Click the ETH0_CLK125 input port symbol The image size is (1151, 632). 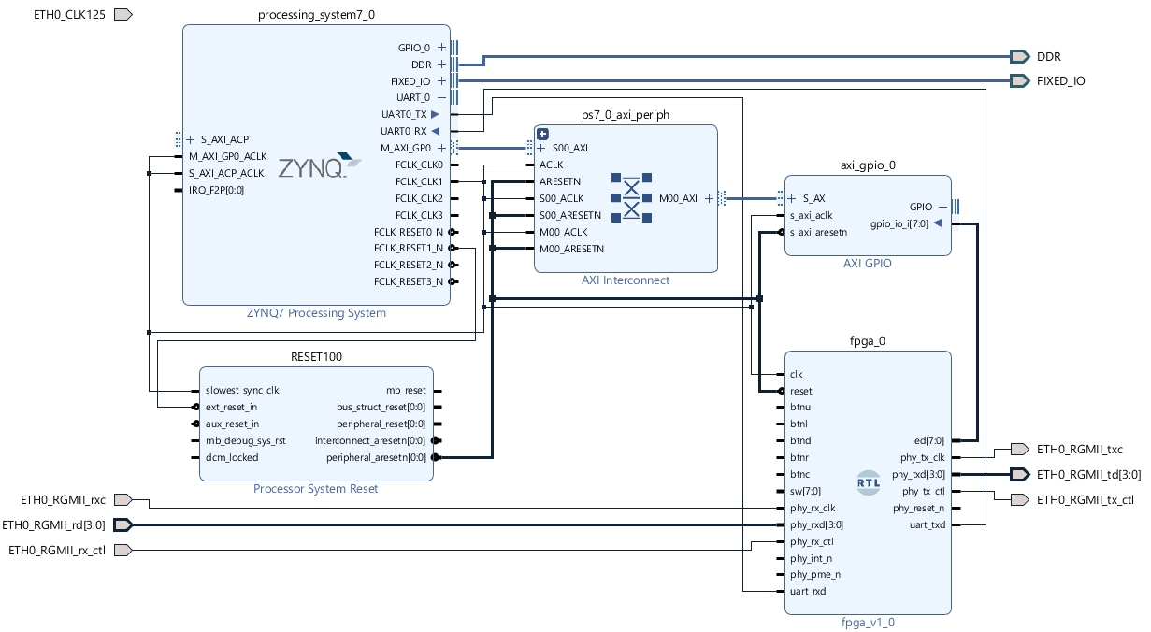[x=123, y=15]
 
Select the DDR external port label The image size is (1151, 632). [x=1048, y=57]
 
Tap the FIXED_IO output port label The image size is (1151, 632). [x=1060, y=81]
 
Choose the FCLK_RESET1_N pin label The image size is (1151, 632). [x=409, y=249]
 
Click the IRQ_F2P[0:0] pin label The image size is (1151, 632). [x=216, y=191]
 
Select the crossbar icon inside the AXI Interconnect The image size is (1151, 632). [x=631, y=197]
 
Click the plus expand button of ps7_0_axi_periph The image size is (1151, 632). [x=542, y=134]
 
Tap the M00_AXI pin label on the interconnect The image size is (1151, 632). [x=678, y=198]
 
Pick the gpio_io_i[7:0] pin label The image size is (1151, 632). [x=899, y=223]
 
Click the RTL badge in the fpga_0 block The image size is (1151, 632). [x=868, y=482]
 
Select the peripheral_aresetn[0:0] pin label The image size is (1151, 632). [x=376, y=458]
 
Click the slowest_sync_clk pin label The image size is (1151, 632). [x=242, y=391]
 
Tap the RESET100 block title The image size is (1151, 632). [x=316, y=357]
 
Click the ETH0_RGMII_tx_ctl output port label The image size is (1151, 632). [x=1085, y=500]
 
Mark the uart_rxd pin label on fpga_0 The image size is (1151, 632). [x=808, y=592]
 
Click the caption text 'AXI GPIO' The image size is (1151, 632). [x=867, y=264]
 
